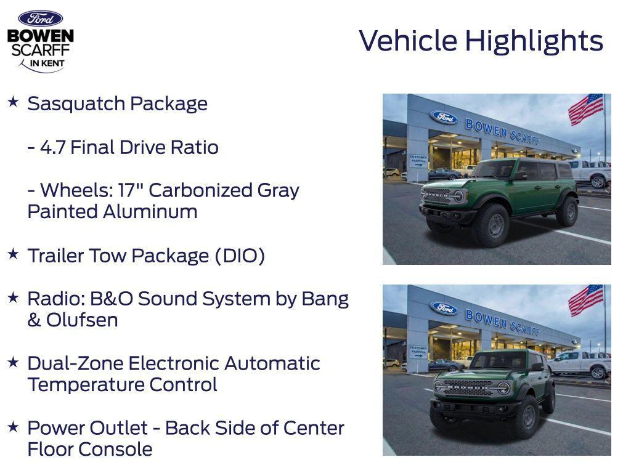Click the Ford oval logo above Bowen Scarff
[40, 18]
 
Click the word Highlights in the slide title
[534, 41]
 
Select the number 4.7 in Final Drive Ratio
[53, 148]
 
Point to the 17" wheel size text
[132, 190]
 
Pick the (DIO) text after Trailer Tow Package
[240, 256]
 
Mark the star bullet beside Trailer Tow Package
[13, 254]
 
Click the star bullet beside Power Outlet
[13, 426]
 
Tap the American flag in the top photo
[585, 108]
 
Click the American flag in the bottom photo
[585, 299]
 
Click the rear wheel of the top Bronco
[567, 210]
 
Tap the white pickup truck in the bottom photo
[579, 363]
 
